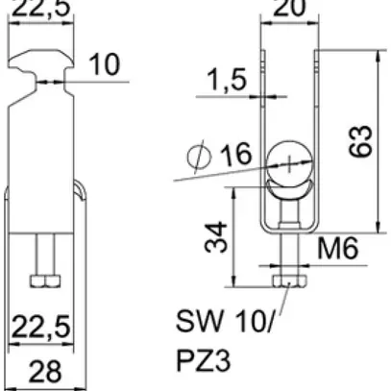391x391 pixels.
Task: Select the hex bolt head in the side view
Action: click(x=44, y=281)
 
